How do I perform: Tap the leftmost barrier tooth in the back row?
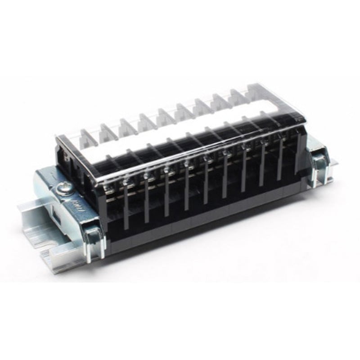tap(85, 134)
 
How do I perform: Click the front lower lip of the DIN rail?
tap(67, 252)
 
